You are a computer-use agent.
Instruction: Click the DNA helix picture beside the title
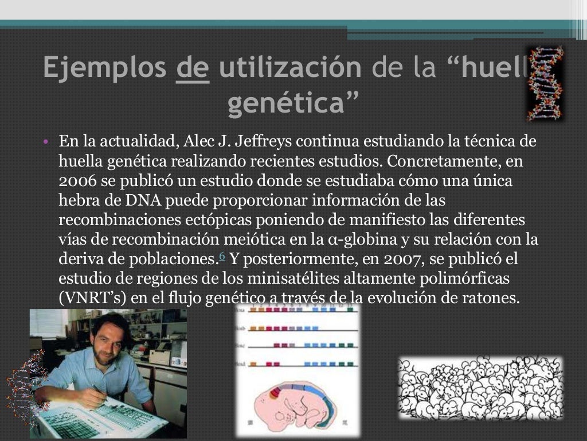point(544,83)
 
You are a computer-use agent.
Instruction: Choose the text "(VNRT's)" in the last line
point(92,298)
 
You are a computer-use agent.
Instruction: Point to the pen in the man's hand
point(98,390)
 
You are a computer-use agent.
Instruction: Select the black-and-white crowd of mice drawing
point(480,380)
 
